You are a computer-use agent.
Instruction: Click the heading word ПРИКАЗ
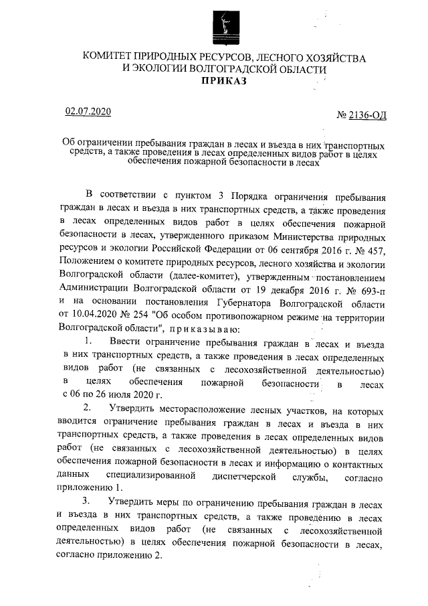tap(224, 82)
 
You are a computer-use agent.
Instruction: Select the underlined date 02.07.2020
tap(87, 111)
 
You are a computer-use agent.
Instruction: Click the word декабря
tap(276, 300)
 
